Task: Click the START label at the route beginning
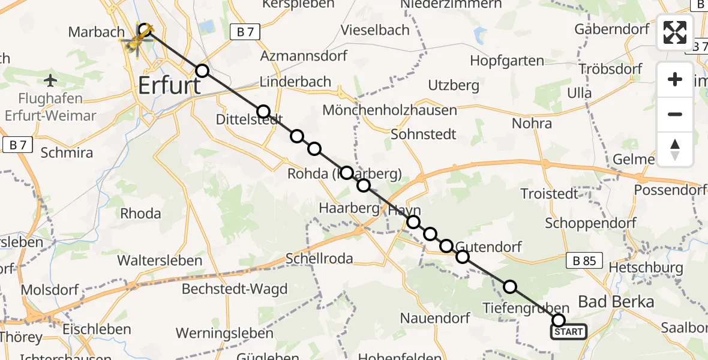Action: [568, 332]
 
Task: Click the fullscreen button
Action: [675, 32]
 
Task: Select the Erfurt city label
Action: [169, 85]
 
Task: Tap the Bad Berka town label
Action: [616, 302]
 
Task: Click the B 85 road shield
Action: [584, 261]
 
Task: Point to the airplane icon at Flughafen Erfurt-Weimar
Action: [50, 80]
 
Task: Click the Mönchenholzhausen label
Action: [389, 110]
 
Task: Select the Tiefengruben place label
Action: [517, 308]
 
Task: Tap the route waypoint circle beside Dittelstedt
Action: [263, 112]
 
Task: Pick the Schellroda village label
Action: [319, 259]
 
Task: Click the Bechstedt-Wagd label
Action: [235, 289]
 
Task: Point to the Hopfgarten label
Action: [507, 61]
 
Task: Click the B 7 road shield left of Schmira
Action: [17, 144]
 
